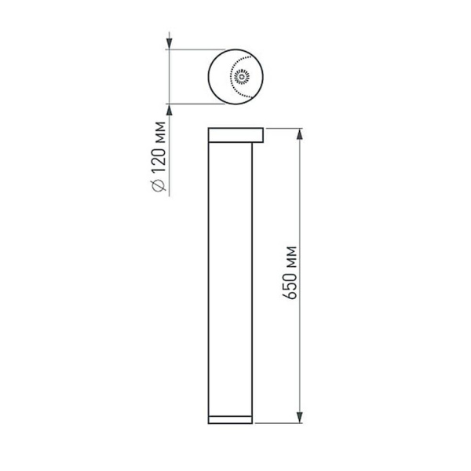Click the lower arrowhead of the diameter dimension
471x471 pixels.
169,108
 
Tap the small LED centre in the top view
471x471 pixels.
241,76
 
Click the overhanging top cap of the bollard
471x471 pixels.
235,135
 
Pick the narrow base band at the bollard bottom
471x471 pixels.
230,418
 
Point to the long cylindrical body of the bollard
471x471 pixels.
230,275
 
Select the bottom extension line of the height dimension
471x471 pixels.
279,424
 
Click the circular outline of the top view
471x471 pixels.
207,76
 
